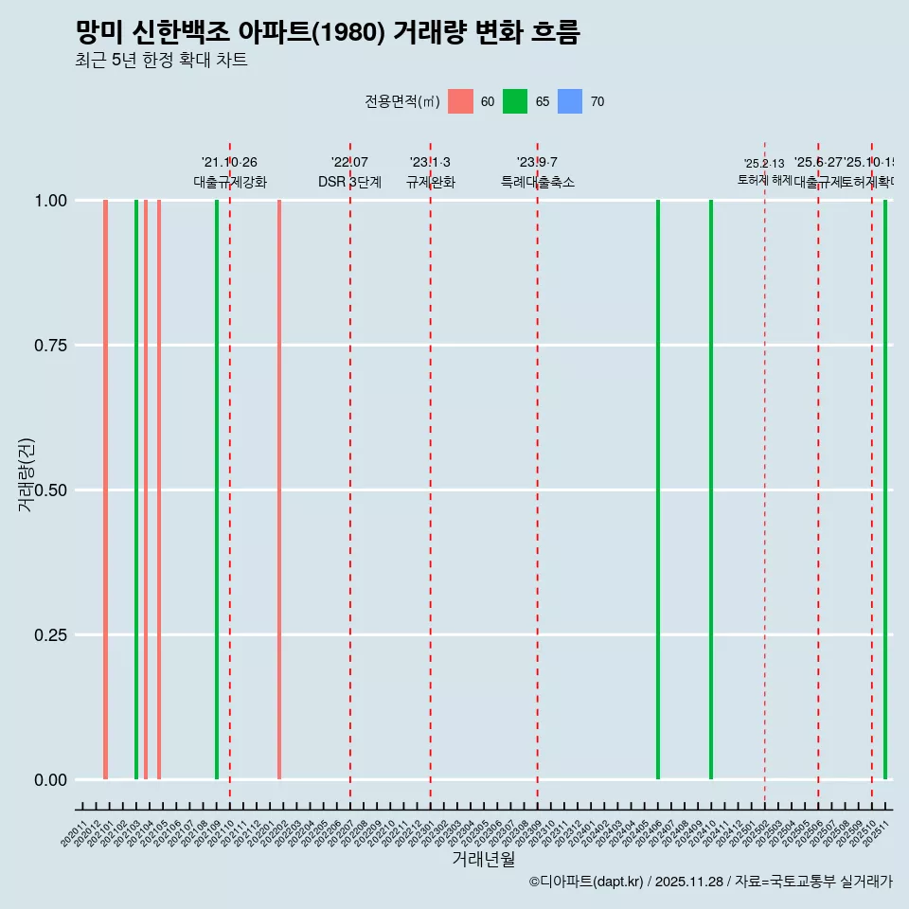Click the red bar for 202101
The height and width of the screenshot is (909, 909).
[105, 490]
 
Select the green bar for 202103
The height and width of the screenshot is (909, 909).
[136, 490]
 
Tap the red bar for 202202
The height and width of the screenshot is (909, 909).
[279, 490]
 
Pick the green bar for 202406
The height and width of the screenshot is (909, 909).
[658, 490]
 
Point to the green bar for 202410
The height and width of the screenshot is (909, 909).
[711, 490]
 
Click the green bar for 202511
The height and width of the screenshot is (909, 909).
[885, 490]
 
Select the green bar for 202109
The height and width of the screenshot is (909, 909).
[217, 490]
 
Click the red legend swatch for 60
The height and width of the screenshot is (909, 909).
[460, 101]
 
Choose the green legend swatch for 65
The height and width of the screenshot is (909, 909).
[515, 101]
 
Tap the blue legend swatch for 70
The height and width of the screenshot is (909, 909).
[570, 101]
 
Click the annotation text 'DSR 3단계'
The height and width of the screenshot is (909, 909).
[349, 182]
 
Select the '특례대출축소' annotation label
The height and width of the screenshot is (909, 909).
[538, 182]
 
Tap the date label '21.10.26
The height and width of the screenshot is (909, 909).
[229, 163]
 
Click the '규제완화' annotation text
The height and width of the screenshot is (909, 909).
[431, 182]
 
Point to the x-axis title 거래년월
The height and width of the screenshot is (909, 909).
[484, 860]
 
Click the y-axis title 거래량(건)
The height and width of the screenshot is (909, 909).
[26, 474]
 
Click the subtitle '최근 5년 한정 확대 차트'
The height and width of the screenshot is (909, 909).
[161, 61]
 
